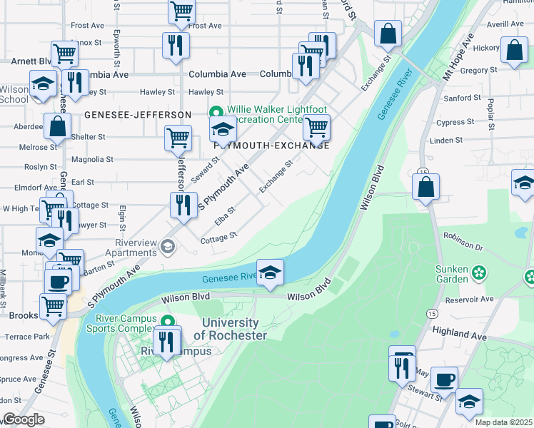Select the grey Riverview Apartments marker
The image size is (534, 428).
click(168, 246)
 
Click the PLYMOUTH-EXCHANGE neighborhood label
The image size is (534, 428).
click(271, 146)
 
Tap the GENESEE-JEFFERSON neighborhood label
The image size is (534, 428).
click(137, 115)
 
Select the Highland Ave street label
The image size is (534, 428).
click(459, 335)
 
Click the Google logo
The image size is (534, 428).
click(24, 419)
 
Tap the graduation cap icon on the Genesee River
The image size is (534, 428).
click(270, 272)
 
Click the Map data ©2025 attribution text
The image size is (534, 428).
click(504, 422)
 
